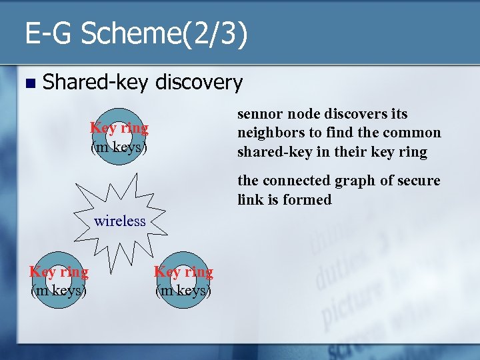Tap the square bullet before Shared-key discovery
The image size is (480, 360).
coord(27,83)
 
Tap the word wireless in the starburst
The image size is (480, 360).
coord(120,221)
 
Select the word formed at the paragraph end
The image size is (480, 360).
coord(309,199)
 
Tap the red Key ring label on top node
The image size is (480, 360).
coord(119,127)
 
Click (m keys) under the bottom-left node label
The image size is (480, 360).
coord(59,291)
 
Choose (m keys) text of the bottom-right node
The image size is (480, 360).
coord(183,291)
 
